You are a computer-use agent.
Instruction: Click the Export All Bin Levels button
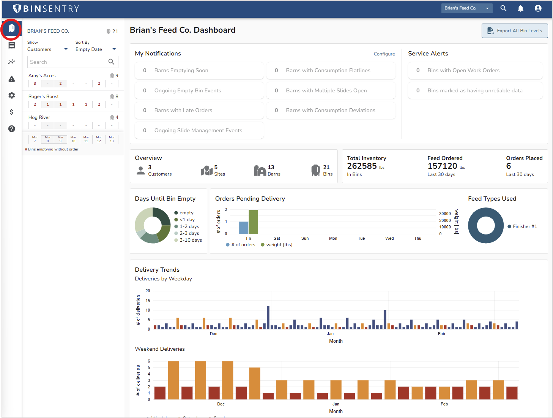click(x=515, y=31)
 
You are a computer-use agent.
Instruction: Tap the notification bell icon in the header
click(x=520, y=8)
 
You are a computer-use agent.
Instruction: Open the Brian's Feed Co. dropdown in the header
click(x=466, y=8)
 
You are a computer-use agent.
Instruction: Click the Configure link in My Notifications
click(x=384, y=54)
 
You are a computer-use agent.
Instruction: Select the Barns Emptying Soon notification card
click(x=199, y=71)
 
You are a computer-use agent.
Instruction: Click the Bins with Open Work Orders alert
click(x=475, y=71)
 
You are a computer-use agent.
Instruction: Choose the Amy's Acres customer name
click(x=42, y=76)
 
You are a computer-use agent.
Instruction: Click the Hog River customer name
click(x=39, y=117)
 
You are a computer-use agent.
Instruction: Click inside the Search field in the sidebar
click(x=68, y=62)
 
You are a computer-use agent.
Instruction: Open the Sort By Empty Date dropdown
click(x=96, y=49)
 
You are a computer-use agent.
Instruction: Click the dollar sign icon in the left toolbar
click(x=12, y=112)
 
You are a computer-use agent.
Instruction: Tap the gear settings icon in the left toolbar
click(x=12, y=95)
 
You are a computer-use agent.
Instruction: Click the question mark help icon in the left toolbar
click(x=12, y=129)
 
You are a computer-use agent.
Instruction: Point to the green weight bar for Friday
click(x=253, y=222)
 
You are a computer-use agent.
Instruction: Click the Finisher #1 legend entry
click(x=525, y=226)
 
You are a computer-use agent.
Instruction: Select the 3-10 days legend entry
click(x=191, y=240)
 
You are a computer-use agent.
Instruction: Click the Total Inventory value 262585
click(x=362, y=166)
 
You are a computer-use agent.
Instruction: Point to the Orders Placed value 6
click(x=509, y=166)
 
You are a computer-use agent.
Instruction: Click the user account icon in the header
click(x=538, y=8)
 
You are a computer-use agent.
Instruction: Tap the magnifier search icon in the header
click(x=503, y=8)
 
